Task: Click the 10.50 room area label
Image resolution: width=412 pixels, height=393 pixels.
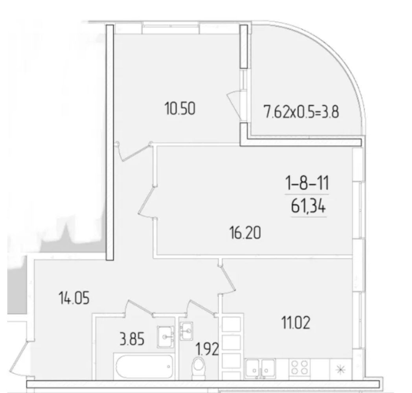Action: pyautogui.click(x=180, y=109)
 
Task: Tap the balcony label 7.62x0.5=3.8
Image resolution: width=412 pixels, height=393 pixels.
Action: pyautogui.click(x=302, y=112)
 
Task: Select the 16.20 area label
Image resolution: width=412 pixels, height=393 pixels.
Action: pyautogui.click(x=245, y=233)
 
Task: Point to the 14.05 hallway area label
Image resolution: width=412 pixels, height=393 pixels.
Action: pyautogui.click(x=74, y=298)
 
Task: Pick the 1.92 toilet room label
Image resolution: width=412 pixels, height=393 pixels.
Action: pyautogui.click(x=207, y=349)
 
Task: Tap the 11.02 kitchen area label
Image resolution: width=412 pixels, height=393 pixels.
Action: pyautogui.click(x=296, y=323)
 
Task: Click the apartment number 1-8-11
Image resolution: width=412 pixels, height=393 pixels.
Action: pyautogui.click(x=307, y=183)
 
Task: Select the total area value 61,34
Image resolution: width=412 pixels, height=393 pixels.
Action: pyautogui.click(x=308, y=206)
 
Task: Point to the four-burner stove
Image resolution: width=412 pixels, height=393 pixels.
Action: pyautogui.click(x=299, y=367)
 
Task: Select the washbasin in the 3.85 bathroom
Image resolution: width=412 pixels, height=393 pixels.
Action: pyautogui.click(x=166, y=337)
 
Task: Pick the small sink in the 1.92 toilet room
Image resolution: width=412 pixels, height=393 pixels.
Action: pyautogui.click(x=186, y=331)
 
